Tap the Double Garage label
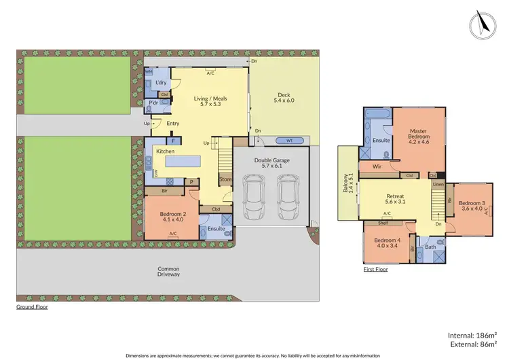[272, 163]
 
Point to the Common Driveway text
[168, 271]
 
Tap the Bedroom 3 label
[471, 206]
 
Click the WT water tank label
[290, 141]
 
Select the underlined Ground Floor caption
[32, 307]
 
